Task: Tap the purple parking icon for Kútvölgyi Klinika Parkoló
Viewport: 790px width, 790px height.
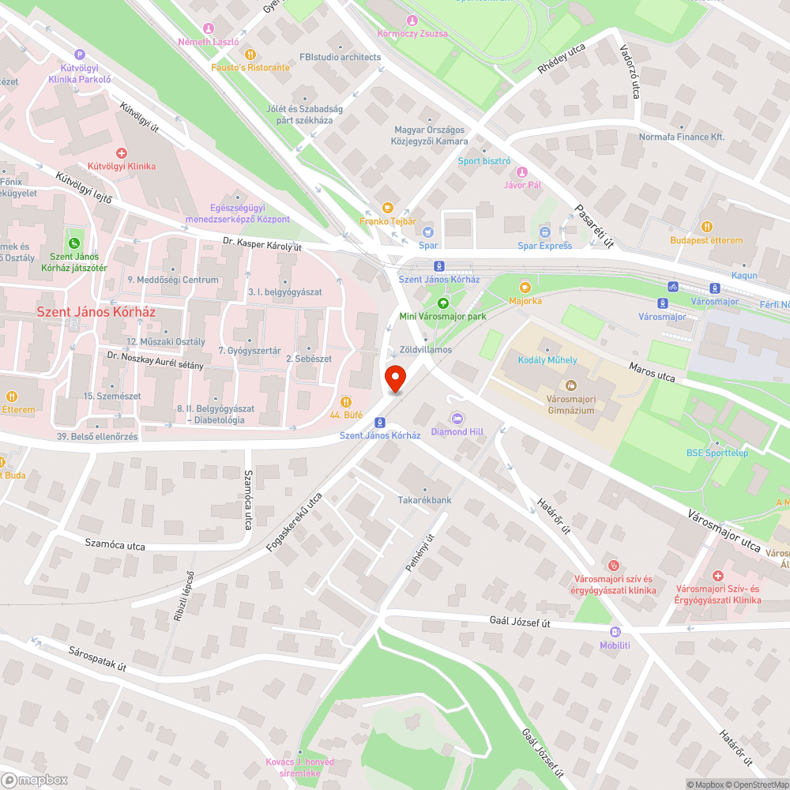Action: click(78, 54)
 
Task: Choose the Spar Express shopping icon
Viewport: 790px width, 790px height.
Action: click(544, 232)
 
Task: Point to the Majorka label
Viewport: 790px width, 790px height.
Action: click(525, 300)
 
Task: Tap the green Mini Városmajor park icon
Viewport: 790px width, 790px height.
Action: click(442, 303)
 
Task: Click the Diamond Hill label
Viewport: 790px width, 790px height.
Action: click(457, 431)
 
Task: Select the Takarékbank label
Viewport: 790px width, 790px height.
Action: click(424, 500)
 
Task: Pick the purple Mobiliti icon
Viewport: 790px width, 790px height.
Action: click(615, 632)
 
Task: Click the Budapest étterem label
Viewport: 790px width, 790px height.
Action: click(706, 240)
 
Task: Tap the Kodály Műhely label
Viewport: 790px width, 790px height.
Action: click(547, 360)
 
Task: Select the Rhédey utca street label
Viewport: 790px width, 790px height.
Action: click(562, 58)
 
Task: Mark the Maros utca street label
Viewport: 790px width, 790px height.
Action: click(652, 372)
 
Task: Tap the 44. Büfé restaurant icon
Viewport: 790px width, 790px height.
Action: click(345, 401)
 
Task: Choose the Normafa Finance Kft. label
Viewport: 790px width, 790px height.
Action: click(681, 137)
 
